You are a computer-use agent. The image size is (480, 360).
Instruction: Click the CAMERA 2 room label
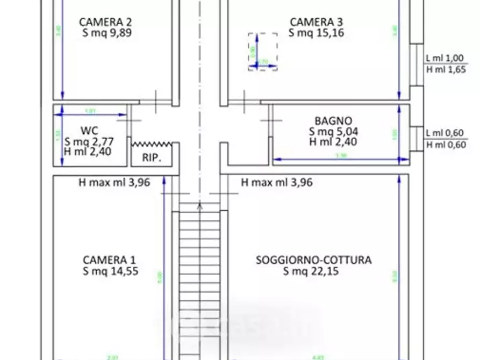105,21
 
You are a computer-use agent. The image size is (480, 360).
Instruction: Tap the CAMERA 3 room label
316,21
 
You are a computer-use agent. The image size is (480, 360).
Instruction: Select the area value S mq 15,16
316,33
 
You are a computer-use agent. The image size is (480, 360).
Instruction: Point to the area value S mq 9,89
105,33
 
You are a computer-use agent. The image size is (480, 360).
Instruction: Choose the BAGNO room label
333,121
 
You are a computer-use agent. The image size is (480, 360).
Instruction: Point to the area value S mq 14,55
110,271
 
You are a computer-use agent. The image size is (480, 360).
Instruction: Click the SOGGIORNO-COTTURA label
313,260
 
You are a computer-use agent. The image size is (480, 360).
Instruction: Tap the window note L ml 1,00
445,58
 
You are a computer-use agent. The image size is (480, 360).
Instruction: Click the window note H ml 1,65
446,69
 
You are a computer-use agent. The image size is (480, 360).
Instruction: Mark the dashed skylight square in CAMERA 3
263,52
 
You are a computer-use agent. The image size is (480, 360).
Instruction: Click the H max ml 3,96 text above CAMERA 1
114,183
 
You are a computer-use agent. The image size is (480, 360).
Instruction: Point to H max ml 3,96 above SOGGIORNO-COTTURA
277,183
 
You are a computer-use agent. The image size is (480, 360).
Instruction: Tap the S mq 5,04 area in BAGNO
333,132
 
